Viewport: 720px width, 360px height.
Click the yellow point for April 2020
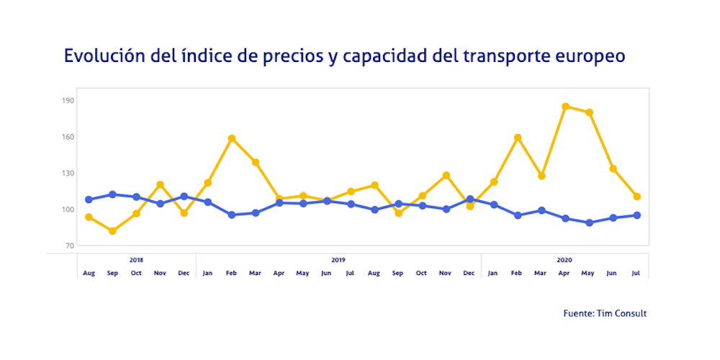pyautogui.click(x=565, y=107)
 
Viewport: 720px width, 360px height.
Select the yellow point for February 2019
pyautogui.click(x=232, y=138)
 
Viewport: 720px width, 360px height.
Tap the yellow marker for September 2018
pyautogui.click(x=112, y=231)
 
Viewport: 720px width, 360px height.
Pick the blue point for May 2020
pyautogui.click(x=589, y=222)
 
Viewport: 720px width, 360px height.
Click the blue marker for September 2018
pyautogui.click(x=112, y=194)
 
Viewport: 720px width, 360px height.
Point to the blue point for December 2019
pyautogui.click(x=470, y=199)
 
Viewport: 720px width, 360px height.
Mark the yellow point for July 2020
pyautogui.click(x=636, y=197)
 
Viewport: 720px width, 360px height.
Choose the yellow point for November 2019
pyautogui.click(x=446, y=176)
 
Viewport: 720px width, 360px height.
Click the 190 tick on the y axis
pyautogui.click(x=68, y=101)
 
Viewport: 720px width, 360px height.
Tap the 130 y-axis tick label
pyautogui.click(x=68, y=174)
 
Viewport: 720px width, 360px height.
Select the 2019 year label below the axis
pyautogui.click(x=338, y=259)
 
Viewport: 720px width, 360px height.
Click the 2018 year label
pyautogui.click(x=136, y=259)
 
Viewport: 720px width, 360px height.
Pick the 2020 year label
pyautogui.click(x=565, y=259)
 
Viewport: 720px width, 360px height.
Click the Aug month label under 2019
pyautogui.click(x=374, y=273)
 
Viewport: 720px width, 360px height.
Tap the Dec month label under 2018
pyautogui.click(x=184, y=273)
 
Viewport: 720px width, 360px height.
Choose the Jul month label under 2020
pyautogui.click(x=636, y=273)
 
